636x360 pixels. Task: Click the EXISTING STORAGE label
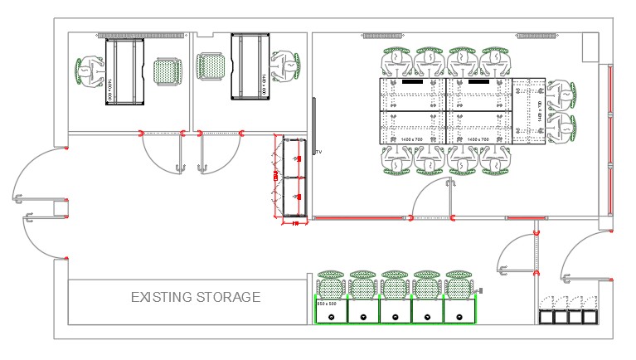(196, 297)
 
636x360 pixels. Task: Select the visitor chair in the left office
(167, 71)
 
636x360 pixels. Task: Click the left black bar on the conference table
(412, 83)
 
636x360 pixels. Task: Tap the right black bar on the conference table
(478, 83)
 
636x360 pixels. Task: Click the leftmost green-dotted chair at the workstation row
(331, 285)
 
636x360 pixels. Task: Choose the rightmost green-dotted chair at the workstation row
(459, 285)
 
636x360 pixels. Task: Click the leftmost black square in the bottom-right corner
(546, 317)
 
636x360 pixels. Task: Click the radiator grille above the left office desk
(140, 36)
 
